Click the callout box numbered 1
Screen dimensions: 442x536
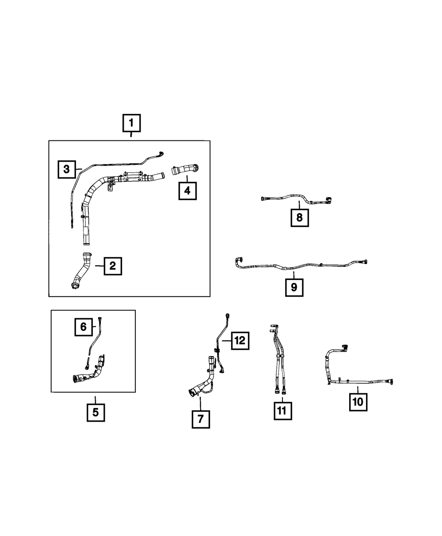point(131,123)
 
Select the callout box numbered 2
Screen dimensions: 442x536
point(113,266)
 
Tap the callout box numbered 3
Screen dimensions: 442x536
point(67,169)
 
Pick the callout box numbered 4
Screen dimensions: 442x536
point(187,191)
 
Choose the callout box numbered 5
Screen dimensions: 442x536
point(96,412)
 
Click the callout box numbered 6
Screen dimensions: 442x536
point(84,327)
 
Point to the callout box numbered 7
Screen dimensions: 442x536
point(201,419)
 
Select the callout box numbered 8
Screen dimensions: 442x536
point(300,218)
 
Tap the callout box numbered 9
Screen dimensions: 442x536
point(294,287)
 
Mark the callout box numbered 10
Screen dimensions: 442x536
point(358,402)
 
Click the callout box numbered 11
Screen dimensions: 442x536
point(283,411)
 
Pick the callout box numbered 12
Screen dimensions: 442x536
point(240,340)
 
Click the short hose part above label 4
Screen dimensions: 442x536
point(185,170)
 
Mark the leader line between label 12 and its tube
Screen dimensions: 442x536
point(226,341)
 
